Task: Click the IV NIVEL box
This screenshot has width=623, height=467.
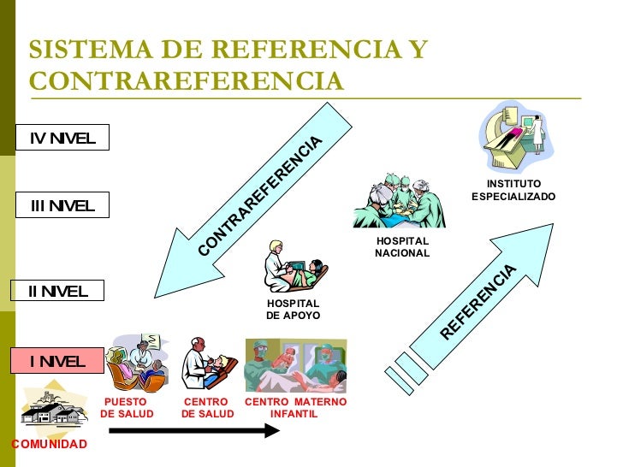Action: [62, 138]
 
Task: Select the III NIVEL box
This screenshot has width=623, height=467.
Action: [62, 205]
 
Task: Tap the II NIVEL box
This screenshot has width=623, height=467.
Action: [56, 291]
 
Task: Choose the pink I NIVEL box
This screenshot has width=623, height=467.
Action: [56, 361]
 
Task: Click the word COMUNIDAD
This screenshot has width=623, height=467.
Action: [49, 444]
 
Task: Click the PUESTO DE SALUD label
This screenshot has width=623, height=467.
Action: [127, 408]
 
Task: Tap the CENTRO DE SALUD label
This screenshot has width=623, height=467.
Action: [207, 408]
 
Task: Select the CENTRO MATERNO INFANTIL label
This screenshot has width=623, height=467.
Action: [295, 408]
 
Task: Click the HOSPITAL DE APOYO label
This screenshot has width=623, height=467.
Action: [293, 310]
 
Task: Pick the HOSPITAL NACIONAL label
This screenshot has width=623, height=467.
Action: [402, 247]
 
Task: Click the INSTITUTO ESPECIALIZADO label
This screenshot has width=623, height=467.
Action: [513, 190]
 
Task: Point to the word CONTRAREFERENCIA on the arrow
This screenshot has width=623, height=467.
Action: [261, 195]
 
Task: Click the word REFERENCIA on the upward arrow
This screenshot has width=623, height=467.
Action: [480, 301]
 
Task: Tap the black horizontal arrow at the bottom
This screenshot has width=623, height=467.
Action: [194, 430]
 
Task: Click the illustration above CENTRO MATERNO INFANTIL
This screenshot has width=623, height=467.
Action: [295, 364]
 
